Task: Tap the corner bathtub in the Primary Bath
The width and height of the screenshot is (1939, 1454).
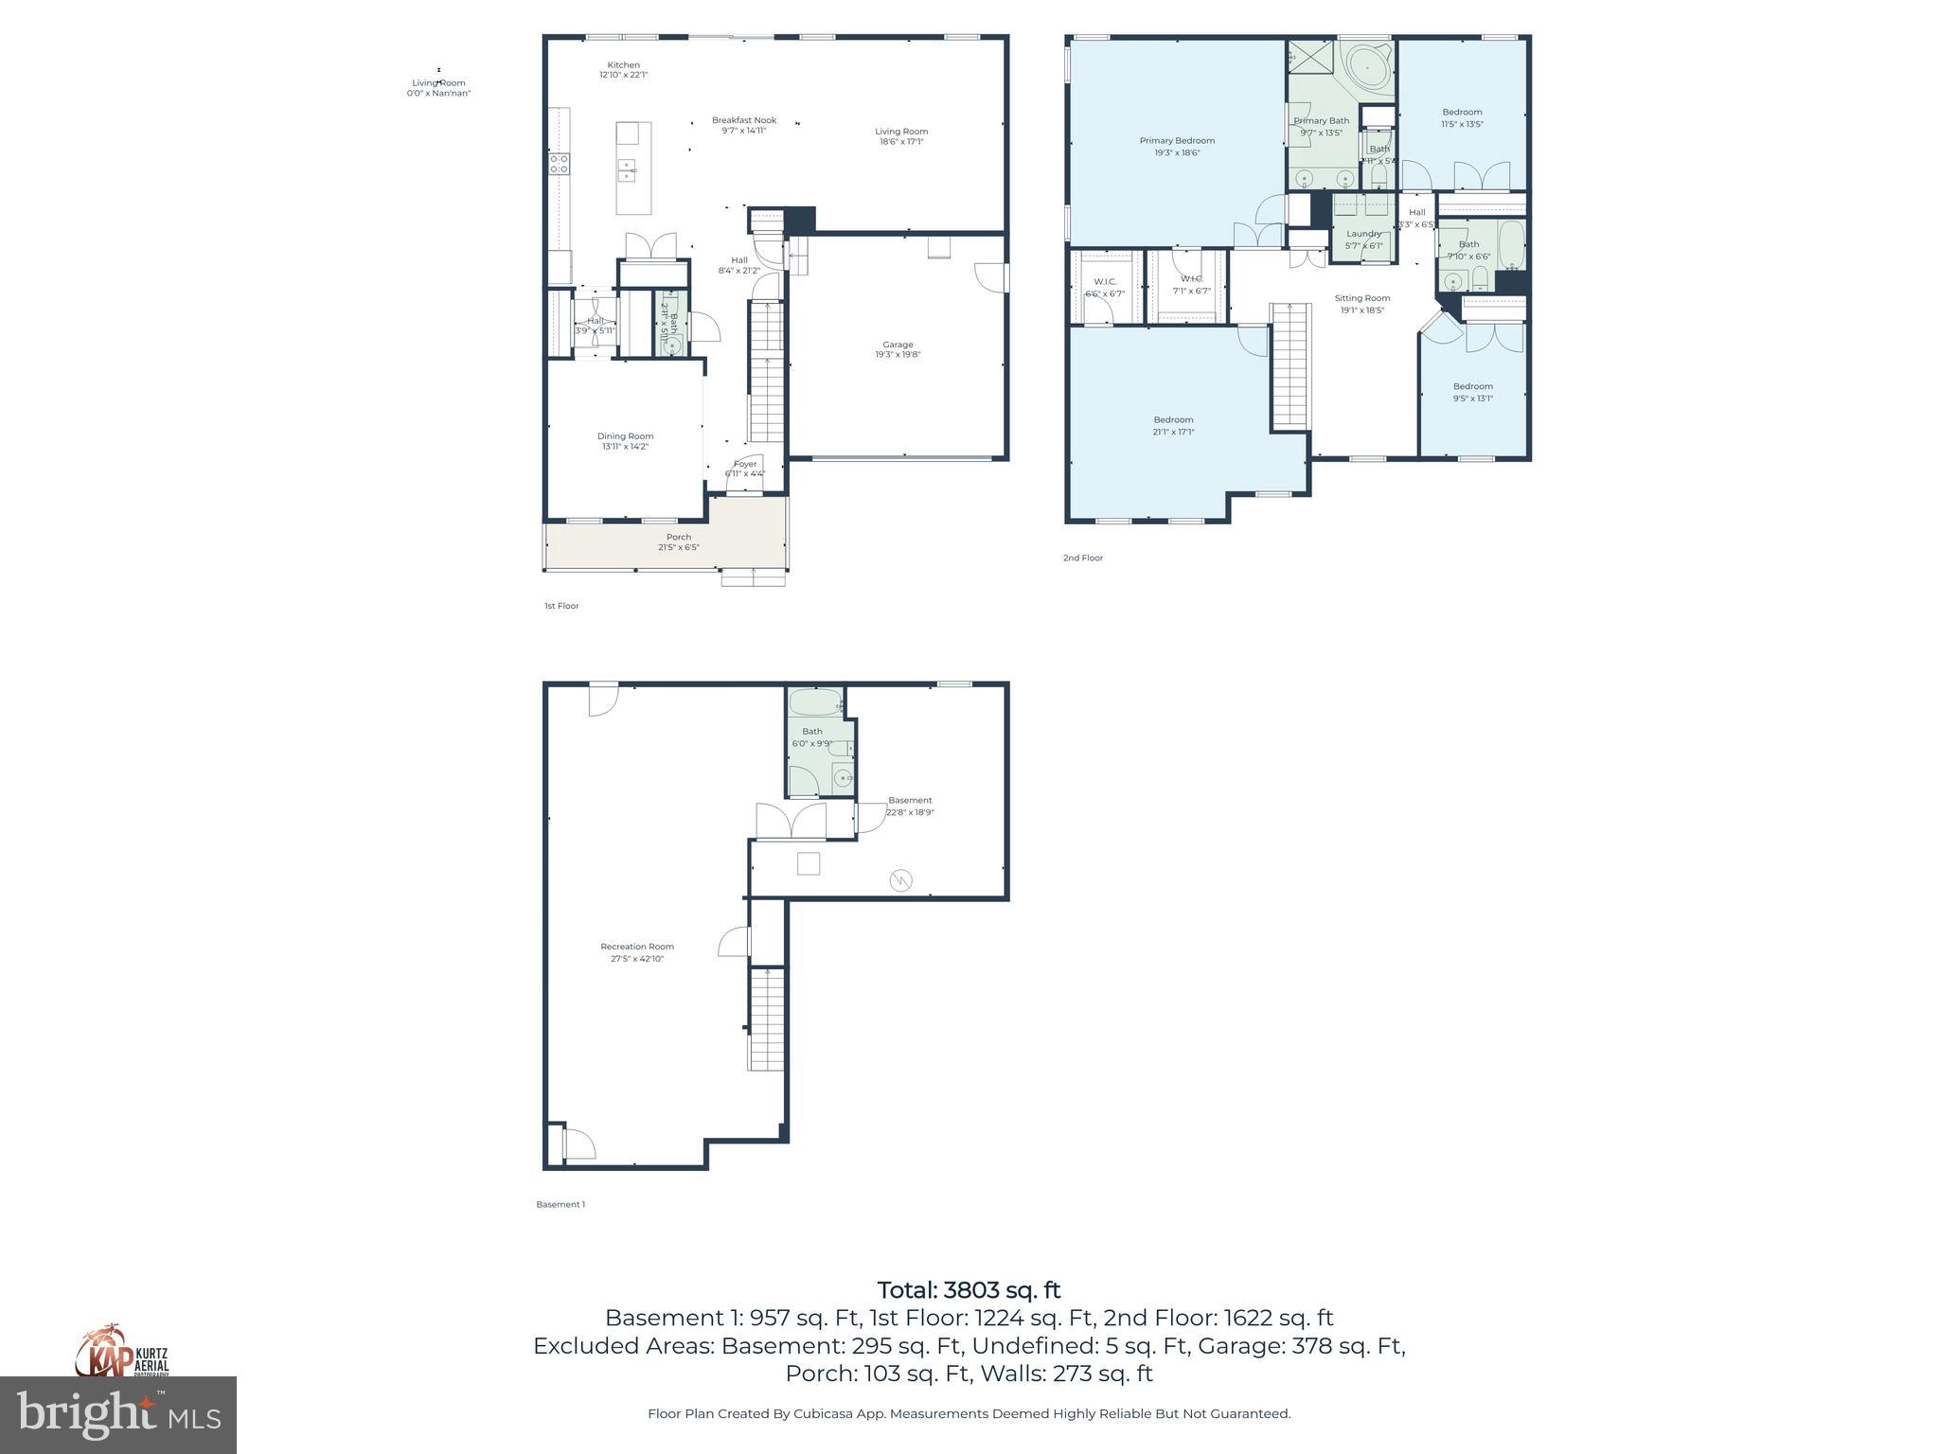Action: [1369, 69]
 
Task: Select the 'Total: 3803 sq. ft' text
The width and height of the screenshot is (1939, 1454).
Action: [969, 1290]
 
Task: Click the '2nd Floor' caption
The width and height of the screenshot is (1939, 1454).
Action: [1082, 558]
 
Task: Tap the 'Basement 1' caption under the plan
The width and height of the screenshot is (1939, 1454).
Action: [560, 1204]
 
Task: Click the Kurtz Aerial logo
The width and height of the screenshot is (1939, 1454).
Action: [121, 1352]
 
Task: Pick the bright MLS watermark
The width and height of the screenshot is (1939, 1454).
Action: [118, 1415]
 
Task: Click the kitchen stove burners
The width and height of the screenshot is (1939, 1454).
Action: [559, 164]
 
